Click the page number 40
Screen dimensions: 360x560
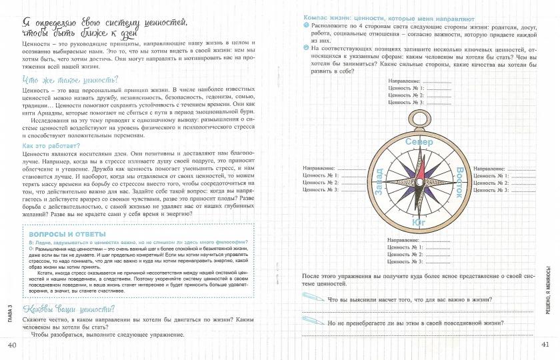11,345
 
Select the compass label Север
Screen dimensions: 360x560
419,142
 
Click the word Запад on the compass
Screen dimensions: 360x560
379,182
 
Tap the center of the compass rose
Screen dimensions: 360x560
419,182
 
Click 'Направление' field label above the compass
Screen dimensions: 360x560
405,81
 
